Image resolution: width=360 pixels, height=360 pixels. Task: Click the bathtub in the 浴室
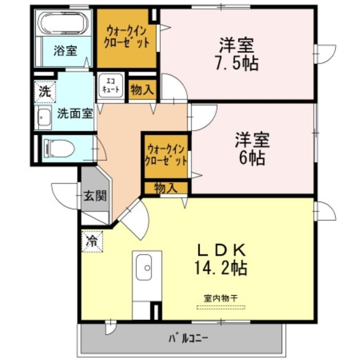pyautogui.click(x=64, y=23)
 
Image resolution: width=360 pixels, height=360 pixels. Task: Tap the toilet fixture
pyautogui.click(x=59, y=148)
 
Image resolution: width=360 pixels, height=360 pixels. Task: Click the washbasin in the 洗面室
pyautogui.click(x=44, y=117)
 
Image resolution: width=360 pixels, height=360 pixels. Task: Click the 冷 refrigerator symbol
pyautogui.click(x=92, y=242)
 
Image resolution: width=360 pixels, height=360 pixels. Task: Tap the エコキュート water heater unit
pyautogui.click(x=110, y=86)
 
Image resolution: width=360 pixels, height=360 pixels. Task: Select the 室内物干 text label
pyautogui.click(x=221, y=298)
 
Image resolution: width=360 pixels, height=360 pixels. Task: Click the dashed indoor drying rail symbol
pyautogui.click(x=221, y=307)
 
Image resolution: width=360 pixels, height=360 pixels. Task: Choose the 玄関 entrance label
pyautogui.click(x=95, y=196)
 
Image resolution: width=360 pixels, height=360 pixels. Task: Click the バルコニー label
pyautogui.click(x=188, y=338)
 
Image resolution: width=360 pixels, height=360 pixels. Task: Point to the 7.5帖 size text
pyautogui.click(x=237, y=63)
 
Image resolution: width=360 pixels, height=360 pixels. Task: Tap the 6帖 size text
pyautogui.click(x=252, y=157)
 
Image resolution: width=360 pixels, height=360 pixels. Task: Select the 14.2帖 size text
pyautogui.click(x=221, y=268)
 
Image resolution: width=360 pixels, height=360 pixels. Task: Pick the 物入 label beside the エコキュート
pyautogui.click(x=142, y=89)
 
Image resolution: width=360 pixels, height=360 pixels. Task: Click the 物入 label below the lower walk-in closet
pyautogui.click(x=166, y=188)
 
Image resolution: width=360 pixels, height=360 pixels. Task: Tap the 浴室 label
pyautogui.click(x=65, y=51)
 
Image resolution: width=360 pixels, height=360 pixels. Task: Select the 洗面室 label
pyautogui.click(x=75, y=113)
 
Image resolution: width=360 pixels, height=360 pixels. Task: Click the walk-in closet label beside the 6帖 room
pyautogui.click(x=166, y=155)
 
